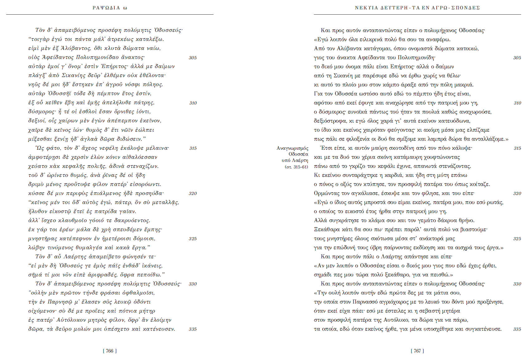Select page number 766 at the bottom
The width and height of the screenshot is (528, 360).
(110, 351)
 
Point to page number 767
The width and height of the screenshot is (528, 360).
(417, 351)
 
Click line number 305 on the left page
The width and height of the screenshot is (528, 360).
(193, 58)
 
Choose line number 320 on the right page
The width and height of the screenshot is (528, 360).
(517, 193)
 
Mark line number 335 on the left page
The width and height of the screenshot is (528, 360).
(193, 329)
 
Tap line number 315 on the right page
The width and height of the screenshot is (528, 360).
(517, 148)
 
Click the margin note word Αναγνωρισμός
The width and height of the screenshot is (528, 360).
(292, 148)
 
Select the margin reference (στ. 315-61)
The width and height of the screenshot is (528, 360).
(296, 167)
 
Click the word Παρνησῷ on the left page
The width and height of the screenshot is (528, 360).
(59, 302)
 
